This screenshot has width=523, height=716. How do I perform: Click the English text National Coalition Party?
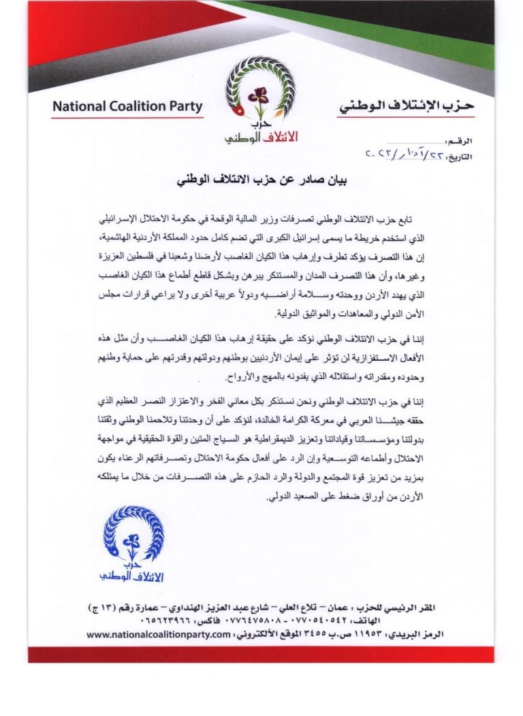127,106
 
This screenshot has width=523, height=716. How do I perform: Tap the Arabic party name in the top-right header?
406,106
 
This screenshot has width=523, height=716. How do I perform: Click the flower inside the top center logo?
258,97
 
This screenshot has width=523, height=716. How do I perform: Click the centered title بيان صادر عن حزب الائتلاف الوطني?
261,182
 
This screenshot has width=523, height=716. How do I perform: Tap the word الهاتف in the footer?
429,620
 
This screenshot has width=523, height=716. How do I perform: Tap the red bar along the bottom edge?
261,654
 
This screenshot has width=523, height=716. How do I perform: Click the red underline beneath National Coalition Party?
127,116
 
